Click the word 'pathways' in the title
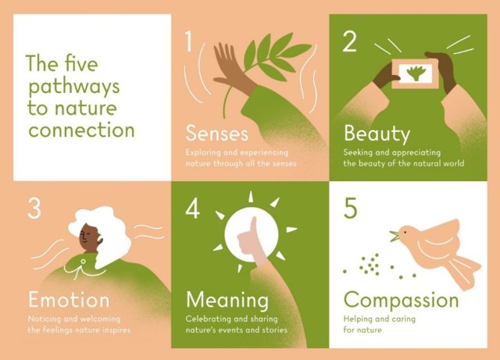pyautogui.click(x=74, y=87)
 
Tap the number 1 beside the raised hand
pyautogui.click(x=189, y=41)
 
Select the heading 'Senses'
pyautogui.click(x=217, y=133)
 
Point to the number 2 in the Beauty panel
pyautogui.click(x=349, y=41)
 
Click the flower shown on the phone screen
pyautogui.click(x=415, y=73)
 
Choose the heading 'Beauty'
pyautogui.click(x=377, y=134)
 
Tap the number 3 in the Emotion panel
pyautogui.click(x=34, y=209)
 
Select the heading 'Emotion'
pyautogui.click(x=69, y=300)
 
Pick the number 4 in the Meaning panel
pyautogui.click(x=193, y=209)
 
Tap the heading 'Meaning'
pyautogui.click(x=227, y=301)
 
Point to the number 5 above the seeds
pyautogui.click(x=351, y=209)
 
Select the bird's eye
pyautogui.click(x=405, y=232)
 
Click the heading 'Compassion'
pyautogui.click(x=401, y=301)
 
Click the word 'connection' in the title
pyautogui.click(x=81, y=130)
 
